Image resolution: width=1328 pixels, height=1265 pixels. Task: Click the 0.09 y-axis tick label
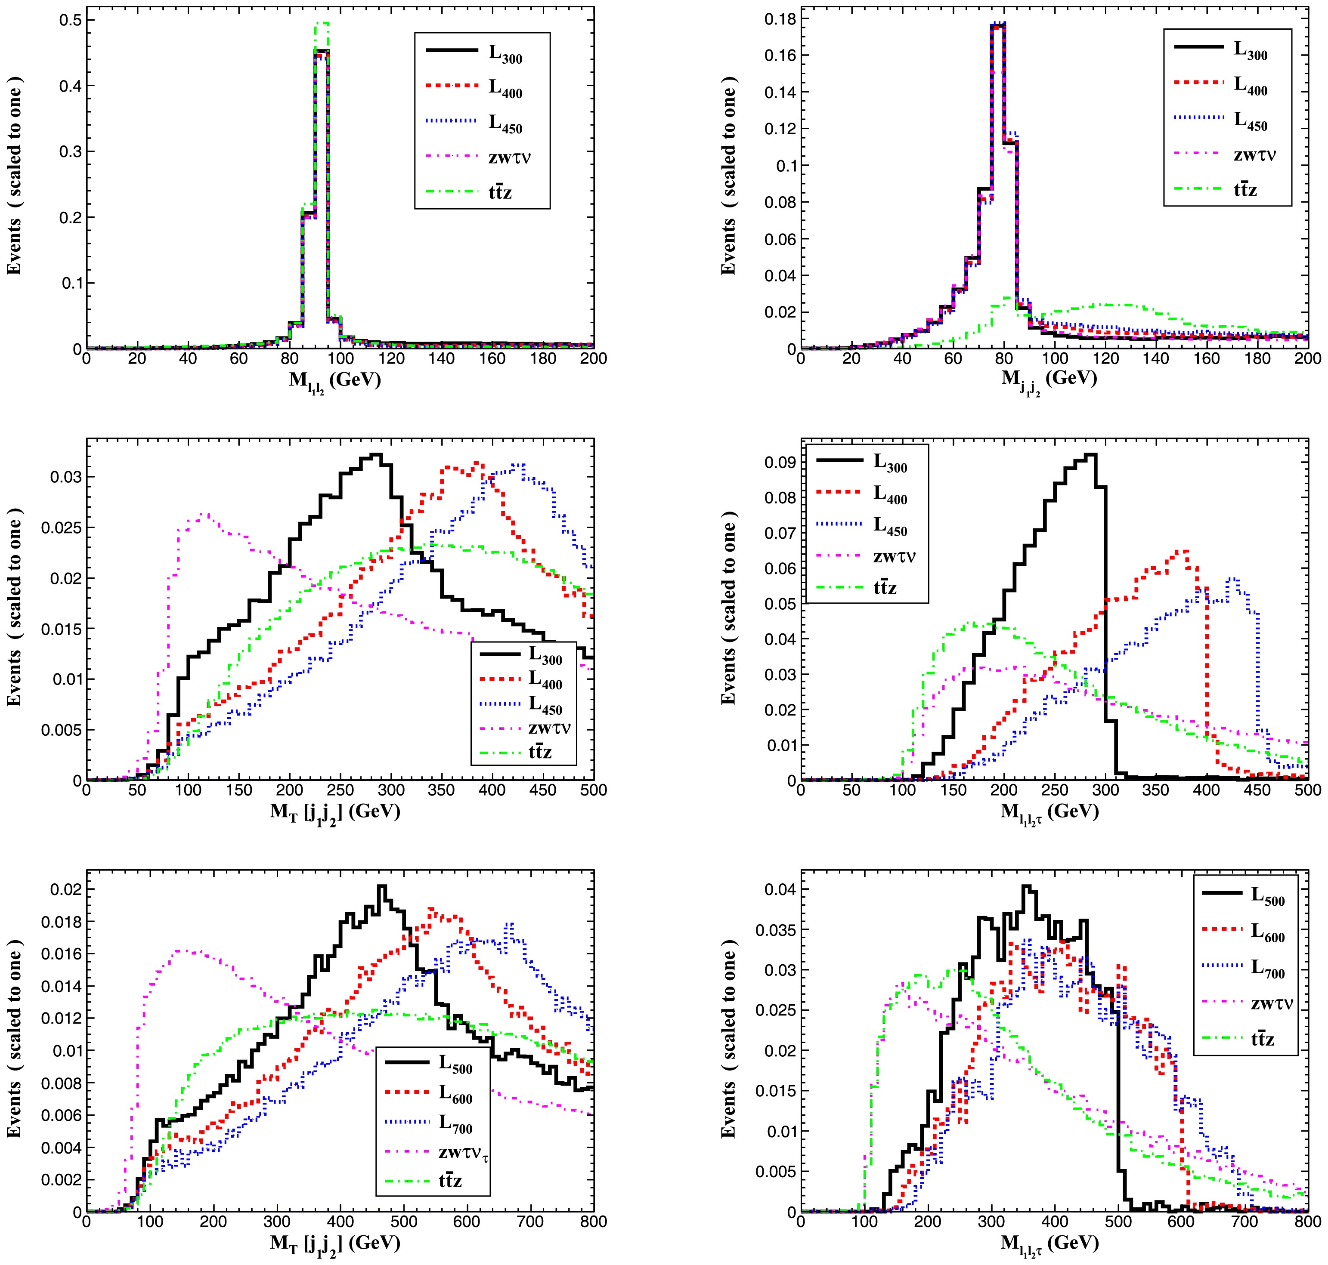point(778,463)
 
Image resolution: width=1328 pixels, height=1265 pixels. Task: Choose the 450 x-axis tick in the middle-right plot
point(1257,790)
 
